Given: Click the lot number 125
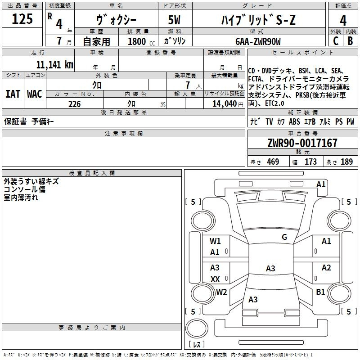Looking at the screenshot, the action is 22,18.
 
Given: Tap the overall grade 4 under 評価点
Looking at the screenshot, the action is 343,21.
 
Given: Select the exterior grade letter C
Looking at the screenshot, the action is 336,41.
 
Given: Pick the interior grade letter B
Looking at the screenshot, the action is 350,41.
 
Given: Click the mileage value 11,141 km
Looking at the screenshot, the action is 54,65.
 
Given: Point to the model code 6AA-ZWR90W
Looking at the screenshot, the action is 258,41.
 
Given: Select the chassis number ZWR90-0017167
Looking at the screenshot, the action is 302,143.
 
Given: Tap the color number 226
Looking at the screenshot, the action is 74,104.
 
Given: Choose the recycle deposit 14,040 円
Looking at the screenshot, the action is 228,104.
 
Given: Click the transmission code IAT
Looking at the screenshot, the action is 13,94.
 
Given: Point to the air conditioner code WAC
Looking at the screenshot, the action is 35,94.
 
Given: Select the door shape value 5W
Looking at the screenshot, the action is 174,20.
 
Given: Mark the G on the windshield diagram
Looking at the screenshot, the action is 284,237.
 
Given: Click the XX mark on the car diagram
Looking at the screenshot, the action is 215,279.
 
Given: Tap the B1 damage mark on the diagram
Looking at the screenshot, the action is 320,292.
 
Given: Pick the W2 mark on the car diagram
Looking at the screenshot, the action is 221,292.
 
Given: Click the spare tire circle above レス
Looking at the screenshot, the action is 197,328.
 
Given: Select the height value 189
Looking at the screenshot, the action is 346,162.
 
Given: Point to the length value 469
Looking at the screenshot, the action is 273,162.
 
